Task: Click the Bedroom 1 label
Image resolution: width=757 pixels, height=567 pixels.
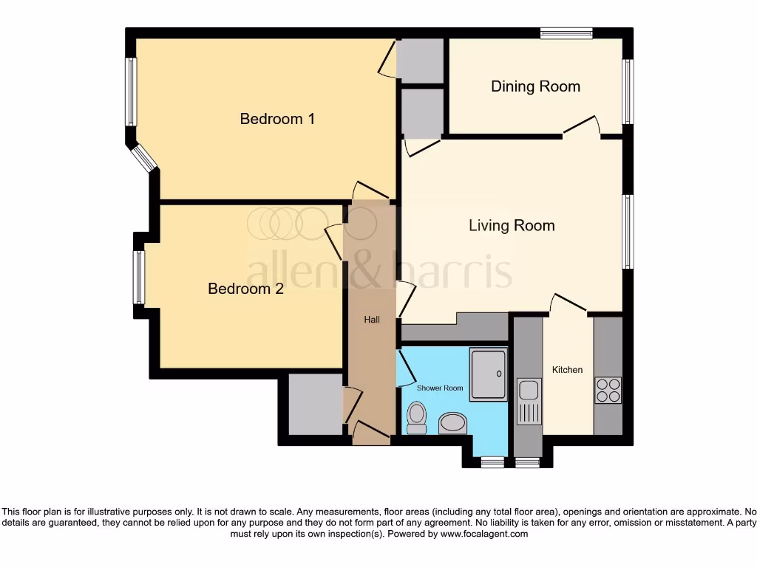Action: click(277, 118)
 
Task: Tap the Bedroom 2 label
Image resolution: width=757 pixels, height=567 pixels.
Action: click(245, 289)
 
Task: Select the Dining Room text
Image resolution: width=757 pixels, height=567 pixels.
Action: click(535, 86)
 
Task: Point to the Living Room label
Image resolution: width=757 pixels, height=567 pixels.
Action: click(512, 225)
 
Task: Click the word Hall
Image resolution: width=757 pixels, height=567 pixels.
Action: click(371, 320)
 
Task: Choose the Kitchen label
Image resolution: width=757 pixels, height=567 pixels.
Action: click(567, 370)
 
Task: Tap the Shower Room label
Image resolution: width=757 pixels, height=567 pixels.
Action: click(440, 388)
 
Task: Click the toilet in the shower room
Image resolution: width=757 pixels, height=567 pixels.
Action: click(417, 418)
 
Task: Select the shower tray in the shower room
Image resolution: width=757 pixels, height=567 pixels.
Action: click(489, 374)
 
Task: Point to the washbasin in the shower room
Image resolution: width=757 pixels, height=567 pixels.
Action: click(452, 424)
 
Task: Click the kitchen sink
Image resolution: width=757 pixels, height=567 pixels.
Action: click(529, 402)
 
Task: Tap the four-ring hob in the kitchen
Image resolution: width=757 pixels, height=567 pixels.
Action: click(608, 390)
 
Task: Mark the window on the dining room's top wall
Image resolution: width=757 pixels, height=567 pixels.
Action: click(566, 32)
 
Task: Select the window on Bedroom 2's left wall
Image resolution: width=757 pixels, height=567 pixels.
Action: click(138, 277)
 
